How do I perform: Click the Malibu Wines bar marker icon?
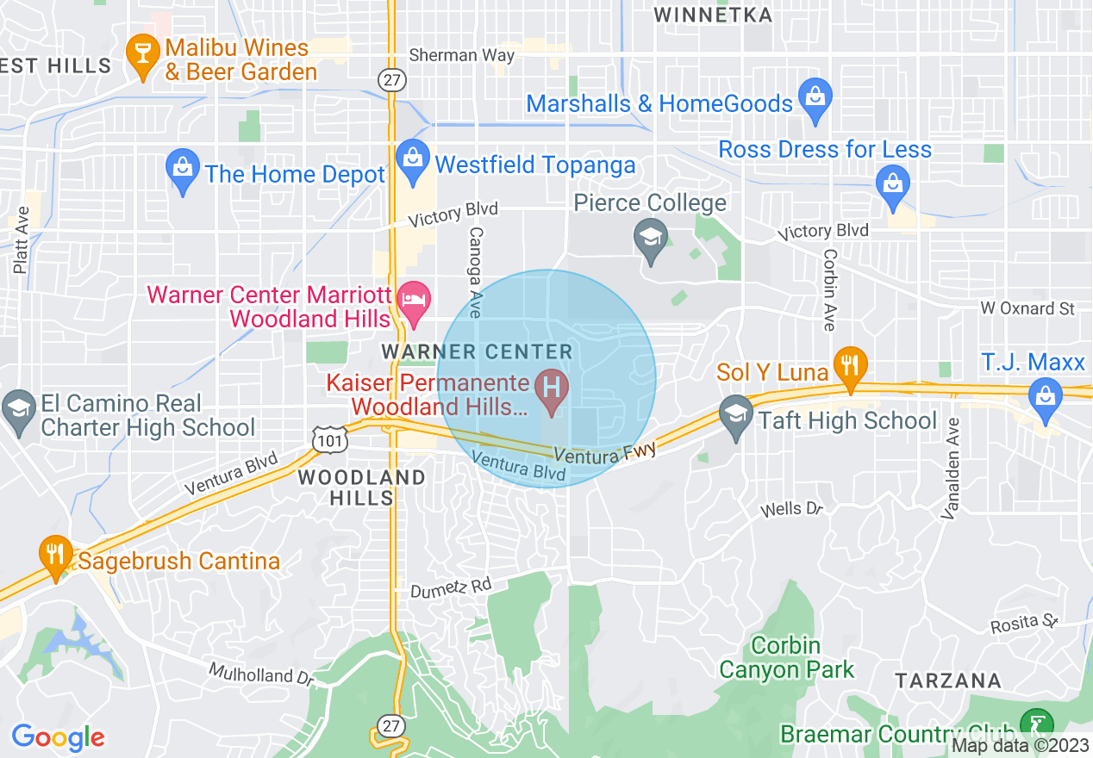pos(138,53)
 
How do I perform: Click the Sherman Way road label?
pos(462,55)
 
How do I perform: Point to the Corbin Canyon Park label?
pos(786,656)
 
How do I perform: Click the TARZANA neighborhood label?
pos(948,680)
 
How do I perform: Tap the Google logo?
pos(58,736)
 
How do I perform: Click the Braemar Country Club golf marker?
pos(1034,723)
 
